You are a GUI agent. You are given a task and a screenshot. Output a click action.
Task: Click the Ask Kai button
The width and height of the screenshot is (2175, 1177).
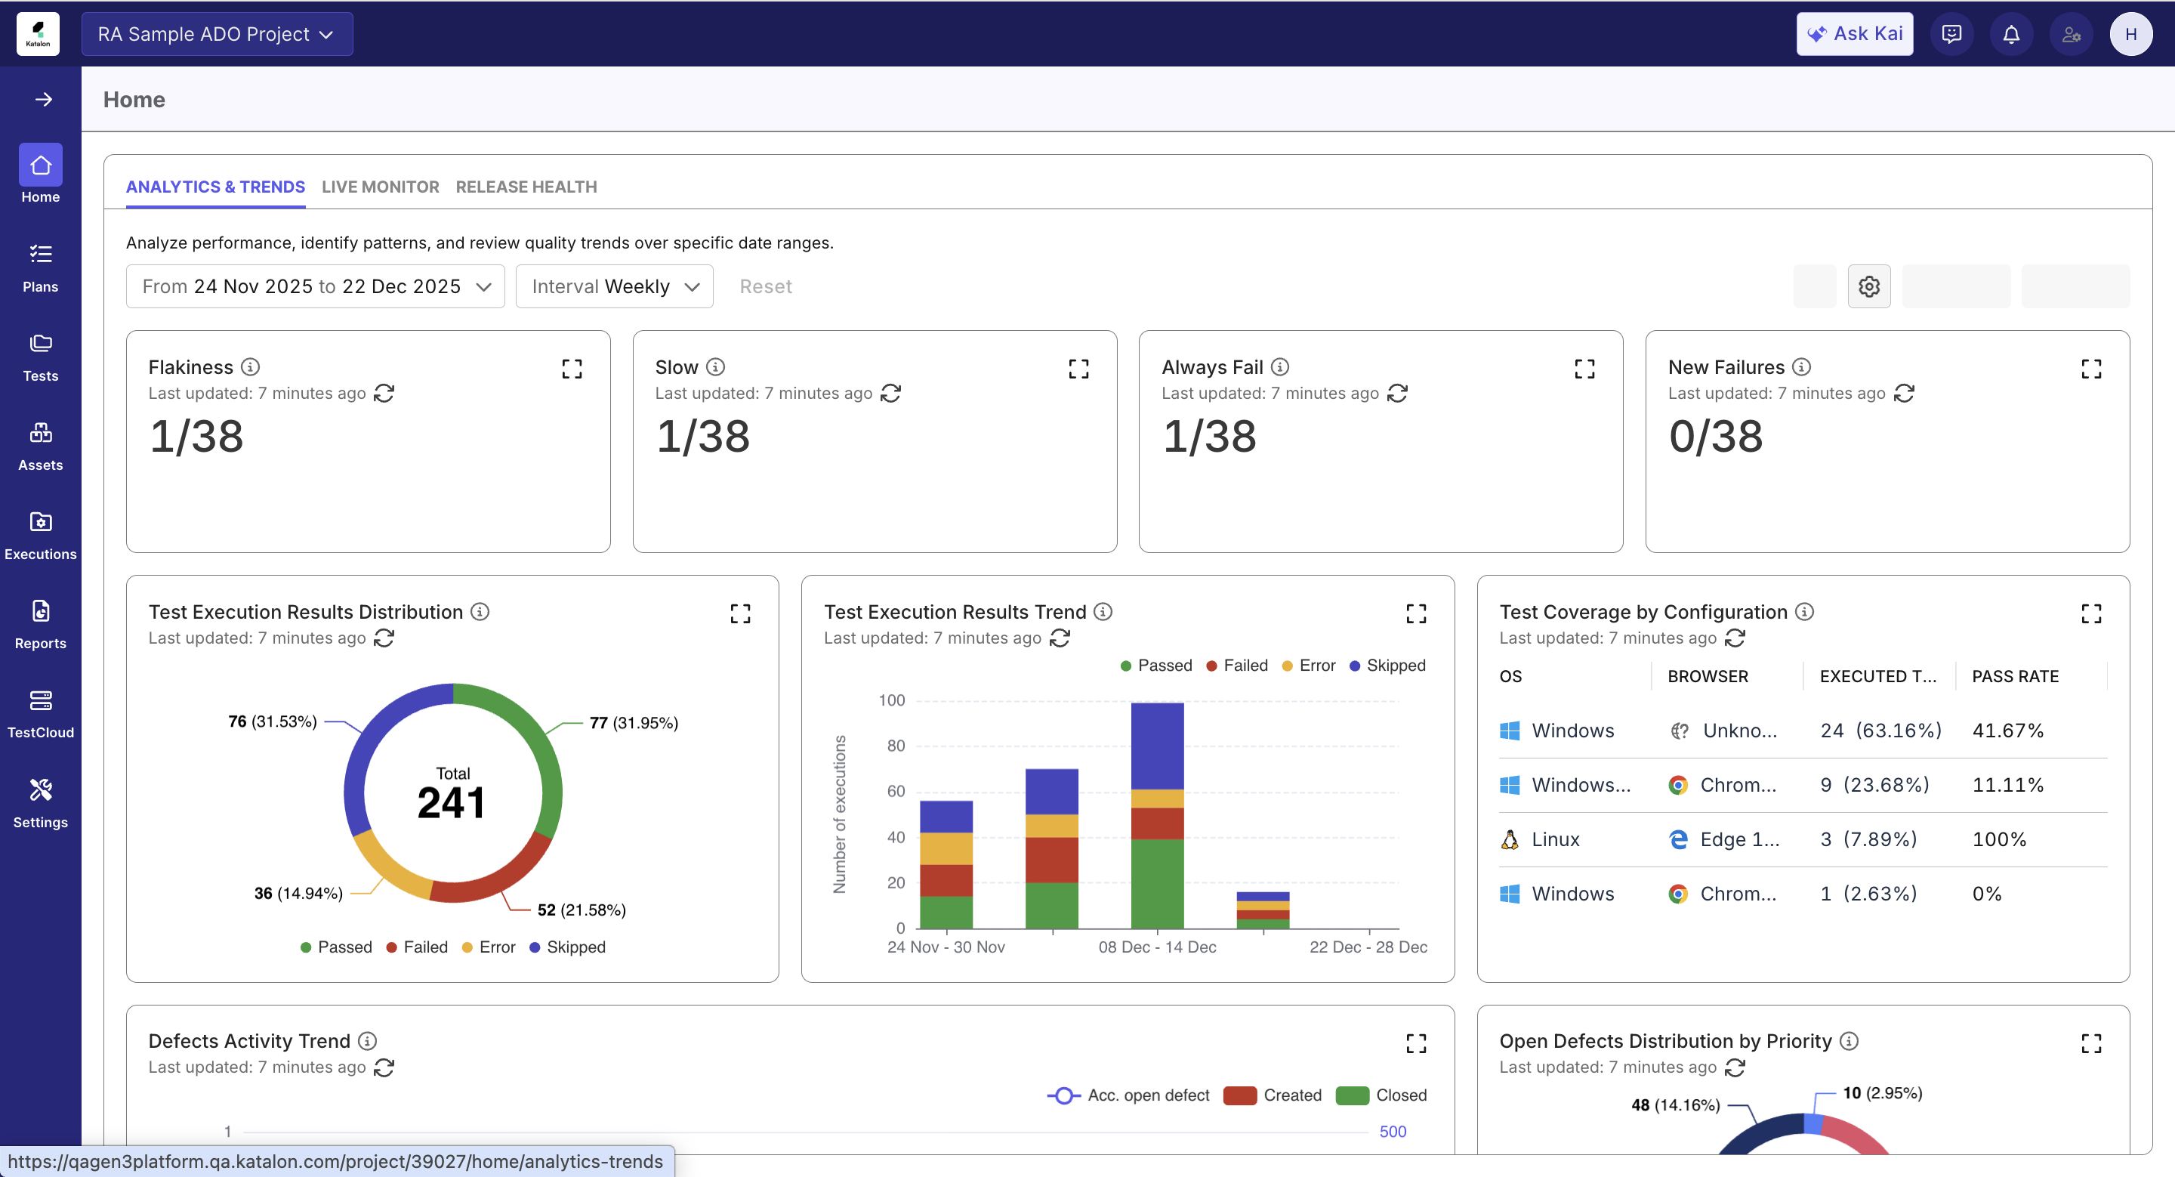(1854, 34)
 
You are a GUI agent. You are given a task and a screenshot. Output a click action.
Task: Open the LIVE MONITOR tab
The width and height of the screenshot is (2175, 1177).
(380, 187)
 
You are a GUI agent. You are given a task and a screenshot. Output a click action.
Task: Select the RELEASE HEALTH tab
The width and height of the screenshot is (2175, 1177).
(526, 187)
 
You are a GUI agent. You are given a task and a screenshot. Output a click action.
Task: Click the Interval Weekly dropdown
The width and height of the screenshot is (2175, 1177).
(615, 286)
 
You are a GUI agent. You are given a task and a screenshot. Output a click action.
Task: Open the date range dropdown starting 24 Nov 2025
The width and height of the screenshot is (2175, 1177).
(316, 286)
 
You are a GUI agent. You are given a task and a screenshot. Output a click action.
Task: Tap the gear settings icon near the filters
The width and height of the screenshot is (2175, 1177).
(1868, 286)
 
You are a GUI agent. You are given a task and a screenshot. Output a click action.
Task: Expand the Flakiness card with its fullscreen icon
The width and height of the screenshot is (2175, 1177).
(572, 368)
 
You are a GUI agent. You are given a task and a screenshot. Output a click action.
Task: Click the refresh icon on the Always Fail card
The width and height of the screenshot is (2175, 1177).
(1397, 394)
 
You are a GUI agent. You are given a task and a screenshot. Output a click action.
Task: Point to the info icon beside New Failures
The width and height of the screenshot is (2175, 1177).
(1801, 366)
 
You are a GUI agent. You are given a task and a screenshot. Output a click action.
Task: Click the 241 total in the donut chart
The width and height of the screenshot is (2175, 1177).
(452, 802)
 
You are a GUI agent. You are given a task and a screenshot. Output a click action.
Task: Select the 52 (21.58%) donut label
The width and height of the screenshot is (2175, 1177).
(581, 910)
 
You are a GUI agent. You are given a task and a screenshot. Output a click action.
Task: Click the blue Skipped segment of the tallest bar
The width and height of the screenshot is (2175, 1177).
(1157, 745)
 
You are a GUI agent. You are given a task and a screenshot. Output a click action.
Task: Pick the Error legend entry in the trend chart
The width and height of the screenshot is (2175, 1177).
(1309, 666)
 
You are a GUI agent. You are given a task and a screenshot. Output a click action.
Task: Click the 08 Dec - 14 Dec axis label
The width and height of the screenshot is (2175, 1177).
(1157, 947)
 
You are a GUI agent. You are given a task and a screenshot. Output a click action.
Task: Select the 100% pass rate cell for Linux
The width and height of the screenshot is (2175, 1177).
(1998, 839)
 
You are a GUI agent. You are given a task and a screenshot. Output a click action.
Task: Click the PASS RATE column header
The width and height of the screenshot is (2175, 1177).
(2015, 676)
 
